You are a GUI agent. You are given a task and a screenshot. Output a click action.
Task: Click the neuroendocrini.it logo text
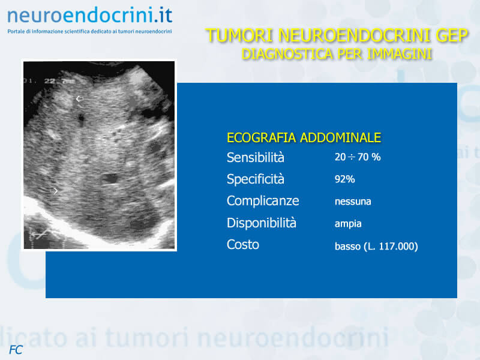point(89,16)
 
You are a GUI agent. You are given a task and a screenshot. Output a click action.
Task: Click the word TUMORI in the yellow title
point(239,35)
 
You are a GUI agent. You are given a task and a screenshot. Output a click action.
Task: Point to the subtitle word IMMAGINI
point(399,54)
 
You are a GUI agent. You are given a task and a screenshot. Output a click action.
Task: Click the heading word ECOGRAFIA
point(262,138)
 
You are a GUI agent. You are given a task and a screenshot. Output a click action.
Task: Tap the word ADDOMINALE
point(340,138)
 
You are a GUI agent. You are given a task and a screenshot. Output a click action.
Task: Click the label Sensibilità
point(256,157)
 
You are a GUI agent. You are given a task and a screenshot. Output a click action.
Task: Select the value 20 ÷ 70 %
point(358,157)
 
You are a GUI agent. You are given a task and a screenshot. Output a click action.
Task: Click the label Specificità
point(256,179)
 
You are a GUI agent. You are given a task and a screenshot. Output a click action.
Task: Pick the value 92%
point(344,179)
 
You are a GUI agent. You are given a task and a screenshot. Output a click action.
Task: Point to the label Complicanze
point(263,201)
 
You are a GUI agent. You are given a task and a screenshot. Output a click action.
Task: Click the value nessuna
point(353,202)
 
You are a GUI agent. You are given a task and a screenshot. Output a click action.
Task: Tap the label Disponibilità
point(262,223)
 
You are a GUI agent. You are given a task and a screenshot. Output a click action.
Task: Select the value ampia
point(348,224)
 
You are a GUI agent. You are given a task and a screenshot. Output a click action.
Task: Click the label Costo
point(243,245)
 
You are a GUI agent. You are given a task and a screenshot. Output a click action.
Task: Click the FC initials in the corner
point(16,350)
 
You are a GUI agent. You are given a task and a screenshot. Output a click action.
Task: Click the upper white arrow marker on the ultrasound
point(80,98)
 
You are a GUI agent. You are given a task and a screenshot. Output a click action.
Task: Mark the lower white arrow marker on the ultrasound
point(55,191)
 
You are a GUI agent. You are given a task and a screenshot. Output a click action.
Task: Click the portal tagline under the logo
point(89,31)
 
